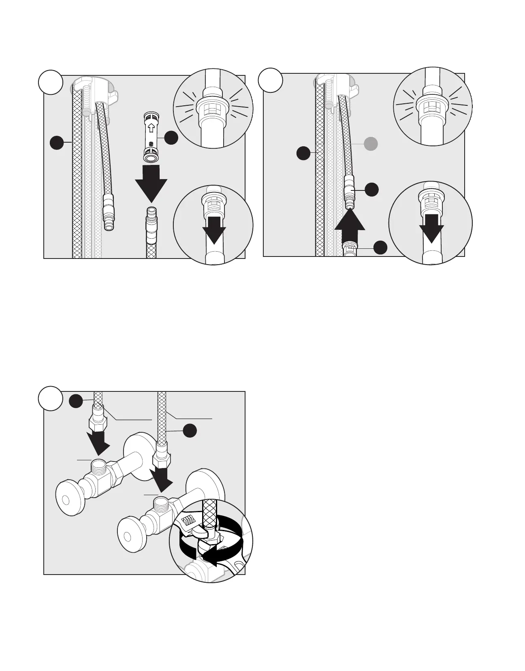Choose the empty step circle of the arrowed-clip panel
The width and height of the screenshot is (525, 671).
[51, 83]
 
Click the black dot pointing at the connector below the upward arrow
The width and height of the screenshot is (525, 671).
[380, 248]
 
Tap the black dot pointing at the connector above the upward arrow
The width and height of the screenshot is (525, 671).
[372, 189]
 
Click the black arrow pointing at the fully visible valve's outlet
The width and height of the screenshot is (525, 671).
[99, 444]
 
